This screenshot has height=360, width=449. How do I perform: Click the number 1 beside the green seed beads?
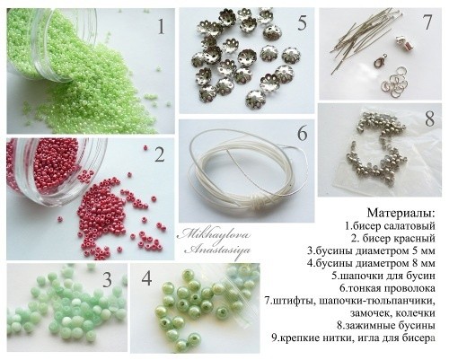tap(162, 26)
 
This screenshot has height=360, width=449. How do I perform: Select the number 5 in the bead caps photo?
tap(303, 23)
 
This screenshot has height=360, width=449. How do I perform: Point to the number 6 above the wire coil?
tap(302, 133)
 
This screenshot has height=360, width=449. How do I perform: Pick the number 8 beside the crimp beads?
tap(428, 118)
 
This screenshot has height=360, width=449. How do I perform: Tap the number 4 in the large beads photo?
tap(147, 279)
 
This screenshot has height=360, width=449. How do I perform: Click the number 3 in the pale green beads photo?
tap(107, 279)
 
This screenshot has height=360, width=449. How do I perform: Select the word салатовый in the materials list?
tap(405, 226)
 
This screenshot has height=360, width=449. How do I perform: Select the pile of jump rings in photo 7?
tap(394, 83)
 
